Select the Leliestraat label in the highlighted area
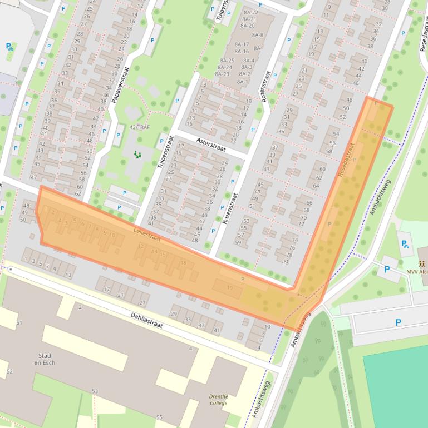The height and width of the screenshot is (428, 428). pos(147,235)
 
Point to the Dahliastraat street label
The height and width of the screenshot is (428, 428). pos(147,320)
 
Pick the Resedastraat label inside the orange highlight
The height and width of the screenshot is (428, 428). pos(346,161)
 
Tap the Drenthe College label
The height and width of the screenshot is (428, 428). pos(218,400)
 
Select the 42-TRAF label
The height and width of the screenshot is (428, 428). pos(140,127)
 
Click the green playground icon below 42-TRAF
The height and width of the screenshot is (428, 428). pos(137,154)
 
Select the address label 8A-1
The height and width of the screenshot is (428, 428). pos(243,82)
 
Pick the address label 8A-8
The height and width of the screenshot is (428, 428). pos(257,35)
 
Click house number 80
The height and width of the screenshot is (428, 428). pos(287,261)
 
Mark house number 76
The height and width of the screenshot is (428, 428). pos(291,247)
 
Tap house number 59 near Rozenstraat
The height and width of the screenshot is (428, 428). pos(238,242)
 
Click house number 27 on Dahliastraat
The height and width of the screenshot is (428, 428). pos(142,303)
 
